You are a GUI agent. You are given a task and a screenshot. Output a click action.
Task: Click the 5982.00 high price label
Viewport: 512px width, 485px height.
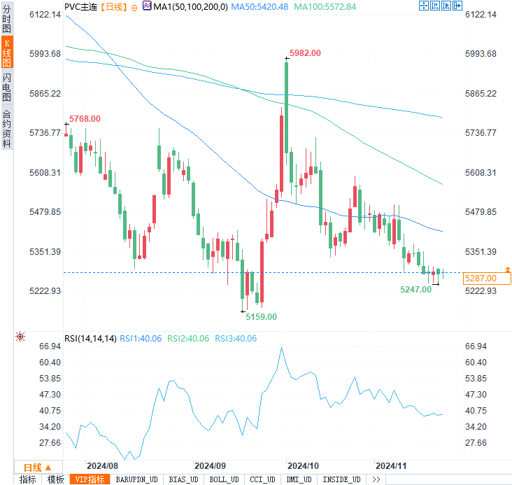305,53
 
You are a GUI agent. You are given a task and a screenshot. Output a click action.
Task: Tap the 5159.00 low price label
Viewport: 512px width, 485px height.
261,316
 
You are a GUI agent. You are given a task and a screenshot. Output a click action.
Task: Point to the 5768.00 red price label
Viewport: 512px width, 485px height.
85,119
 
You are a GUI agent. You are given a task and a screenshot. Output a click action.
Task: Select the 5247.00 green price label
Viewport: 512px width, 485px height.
415,289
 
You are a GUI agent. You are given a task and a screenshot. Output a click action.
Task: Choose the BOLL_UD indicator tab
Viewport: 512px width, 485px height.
223,479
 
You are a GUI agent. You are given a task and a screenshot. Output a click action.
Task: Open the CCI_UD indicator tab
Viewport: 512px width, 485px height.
262,479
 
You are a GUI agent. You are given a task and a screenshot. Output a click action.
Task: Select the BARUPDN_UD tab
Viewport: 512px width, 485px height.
136,479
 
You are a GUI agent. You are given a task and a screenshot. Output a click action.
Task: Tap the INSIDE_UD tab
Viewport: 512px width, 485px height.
341,479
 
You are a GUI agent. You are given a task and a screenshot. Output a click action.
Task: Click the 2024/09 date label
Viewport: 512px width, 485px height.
210,465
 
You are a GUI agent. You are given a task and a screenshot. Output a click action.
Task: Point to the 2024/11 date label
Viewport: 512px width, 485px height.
392,465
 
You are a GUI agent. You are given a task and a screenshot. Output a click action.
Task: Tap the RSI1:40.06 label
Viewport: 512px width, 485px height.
141,338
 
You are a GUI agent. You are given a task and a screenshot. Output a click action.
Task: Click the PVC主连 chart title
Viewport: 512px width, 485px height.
80,6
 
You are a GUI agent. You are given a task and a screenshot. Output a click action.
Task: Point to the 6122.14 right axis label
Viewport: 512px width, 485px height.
480,15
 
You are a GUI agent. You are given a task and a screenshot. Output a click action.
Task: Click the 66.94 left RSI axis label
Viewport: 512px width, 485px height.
51,346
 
